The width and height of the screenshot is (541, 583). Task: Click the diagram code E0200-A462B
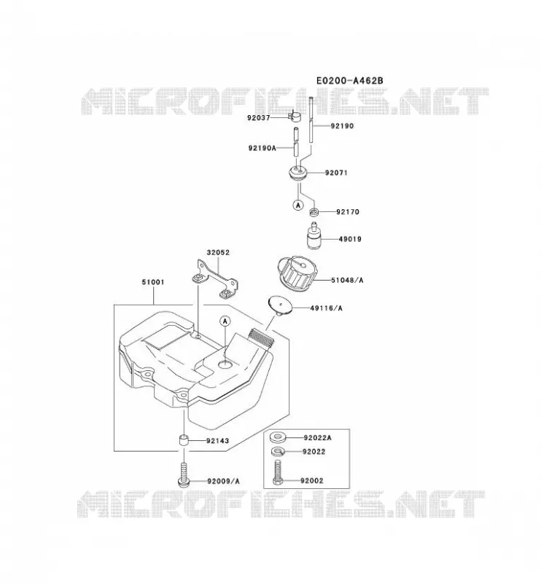[x=349, y=80]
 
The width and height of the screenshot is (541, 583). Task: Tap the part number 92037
[x=259, y=118]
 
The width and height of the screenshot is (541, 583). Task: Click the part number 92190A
[x=262, y=148]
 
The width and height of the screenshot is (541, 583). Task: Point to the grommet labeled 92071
[x=298, y=173]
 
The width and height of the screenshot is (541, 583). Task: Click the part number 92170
[x=348, y=212]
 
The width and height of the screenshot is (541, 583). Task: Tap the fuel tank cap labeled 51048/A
[x=297, y=274]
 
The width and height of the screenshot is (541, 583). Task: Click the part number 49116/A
[x=326, y=308]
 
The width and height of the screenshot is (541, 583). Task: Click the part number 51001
[x=153, y=282]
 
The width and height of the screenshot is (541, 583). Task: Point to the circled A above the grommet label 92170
[x=298, y=205]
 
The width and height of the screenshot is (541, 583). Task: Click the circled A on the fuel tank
[x=225, y=321]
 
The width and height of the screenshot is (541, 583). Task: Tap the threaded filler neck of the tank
[x=262, y=337]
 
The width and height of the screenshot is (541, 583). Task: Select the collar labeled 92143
[x=183, y=441]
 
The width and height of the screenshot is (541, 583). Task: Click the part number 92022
[x=314, y=452]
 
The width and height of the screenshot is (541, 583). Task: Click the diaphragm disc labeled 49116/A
[x=280, y=305]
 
